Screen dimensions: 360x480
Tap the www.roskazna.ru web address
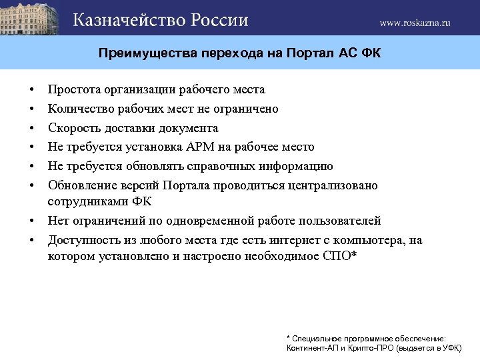pyautogui.click(x=415, y=22)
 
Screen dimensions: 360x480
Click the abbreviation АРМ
pyautogui.click(x=213, y=147)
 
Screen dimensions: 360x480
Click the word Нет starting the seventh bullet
pyautogui.click(x=58, y=220)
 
